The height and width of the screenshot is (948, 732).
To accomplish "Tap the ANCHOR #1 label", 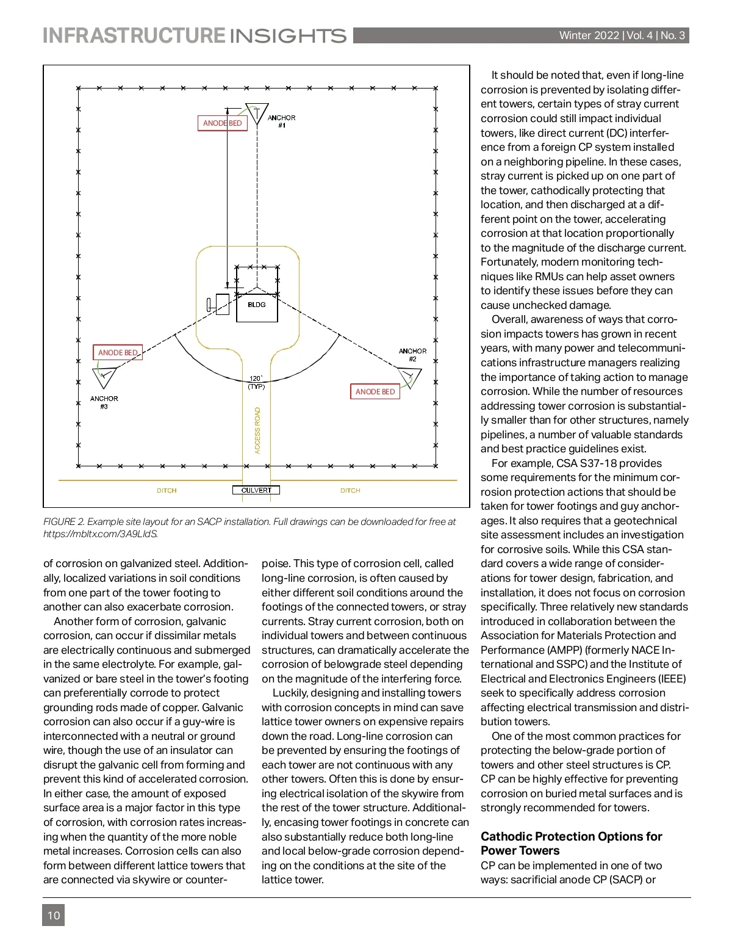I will [x=281, y=121].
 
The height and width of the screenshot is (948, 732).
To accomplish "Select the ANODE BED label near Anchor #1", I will [x=223, y=123].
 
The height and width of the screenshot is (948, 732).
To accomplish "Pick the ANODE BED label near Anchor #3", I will [x=118, y=353].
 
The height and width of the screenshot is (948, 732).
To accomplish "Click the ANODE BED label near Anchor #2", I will [x=375, y=392].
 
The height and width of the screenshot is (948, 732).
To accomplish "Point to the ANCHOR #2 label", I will [x=412, y=355].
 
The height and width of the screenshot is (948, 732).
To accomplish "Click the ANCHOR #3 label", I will [x=104, y=402].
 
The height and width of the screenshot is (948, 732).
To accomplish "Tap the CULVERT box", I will [x=256, y=490].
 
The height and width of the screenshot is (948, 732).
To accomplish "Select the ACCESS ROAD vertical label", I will [x=257, y=430].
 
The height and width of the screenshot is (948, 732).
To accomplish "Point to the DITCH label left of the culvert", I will [x=167, y=491].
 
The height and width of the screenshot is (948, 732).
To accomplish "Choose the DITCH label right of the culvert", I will [x=350, y=491].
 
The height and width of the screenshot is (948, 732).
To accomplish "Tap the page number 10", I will [x=54, y=915].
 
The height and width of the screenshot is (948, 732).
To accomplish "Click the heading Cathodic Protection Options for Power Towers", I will [x=571, y=843].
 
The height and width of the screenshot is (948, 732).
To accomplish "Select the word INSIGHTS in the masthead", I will [x=288, y=36].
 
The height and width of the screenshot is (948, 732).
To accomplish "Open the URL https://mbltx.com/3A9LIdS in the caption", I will [x=101, y=534].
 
